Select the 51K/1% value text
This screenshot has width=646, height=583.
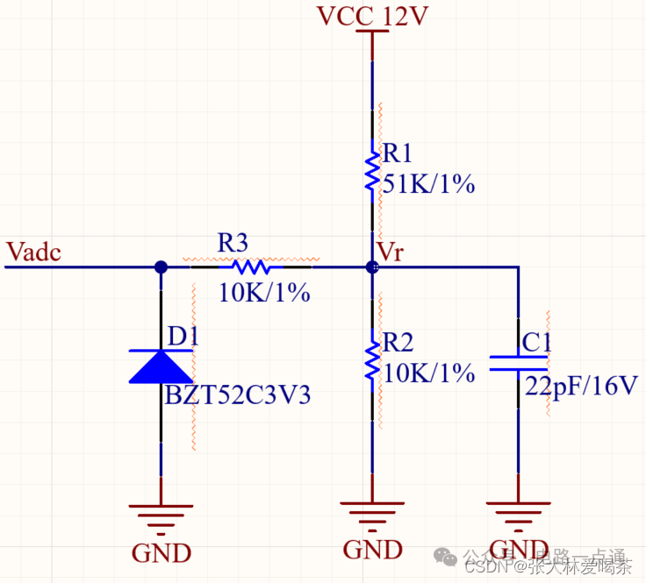429,183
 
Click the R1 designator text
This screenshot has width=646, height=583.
398,154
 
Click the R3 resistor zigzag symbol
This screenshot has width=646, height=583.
251,267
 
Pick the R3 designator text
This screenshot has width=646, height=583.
233,243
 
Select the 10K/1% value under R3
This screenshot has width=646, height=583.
264,293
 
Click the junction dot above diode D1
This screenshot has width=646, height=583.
161,267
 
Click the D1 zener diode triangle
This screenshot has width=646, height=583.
160,366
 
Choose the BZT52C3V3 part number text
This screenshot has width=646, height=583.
238,395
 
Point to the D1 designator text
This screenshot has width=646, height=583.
183,336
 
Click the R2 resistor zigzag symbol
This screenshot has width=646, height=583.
372,357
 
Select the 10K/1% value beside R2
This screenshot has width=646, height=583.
429,373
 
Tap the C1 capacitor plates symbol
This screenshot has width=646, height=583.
518,363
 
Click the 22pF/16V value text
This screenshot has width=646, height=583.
581,385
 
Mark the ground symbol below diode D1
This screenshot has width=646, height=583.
161,518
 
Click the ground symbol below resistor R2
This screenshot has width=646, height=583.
372,515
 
